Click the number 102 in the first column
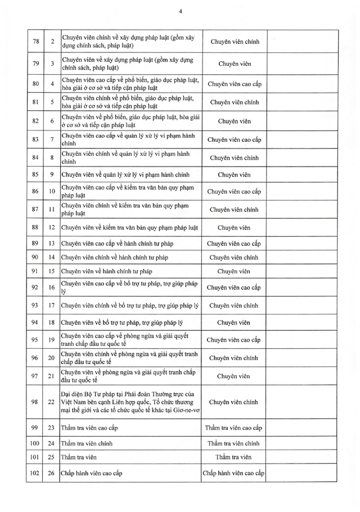[x=35, y=473]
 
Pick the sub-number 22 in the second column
[x=51, y=402]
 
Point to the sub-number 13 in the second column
[x=51, y=243]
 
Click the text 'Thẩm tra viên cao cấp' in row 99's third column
[x=234, y=428]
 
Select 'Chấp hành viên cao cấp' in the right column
[x=234, y=473]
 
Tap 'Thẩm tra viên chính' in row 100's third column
[x=234, y=444]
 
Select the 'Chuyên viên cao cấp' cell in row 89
[x=234, y=243]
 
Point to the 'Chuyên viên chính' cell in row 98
[x=234, y=402]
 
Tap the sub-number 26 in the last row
[x=51, y=473]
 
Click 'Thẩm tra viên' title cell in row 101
[x=234, y=458]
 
